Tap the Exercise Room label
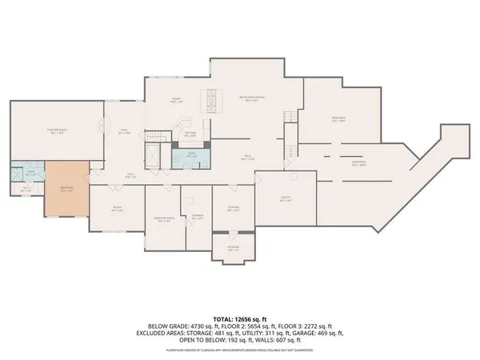coord(164,218)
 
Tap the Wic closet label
coord(26,190)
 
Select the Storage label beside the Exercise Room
coord(197,217)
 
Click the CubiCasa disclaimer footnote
coord(239,350)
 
